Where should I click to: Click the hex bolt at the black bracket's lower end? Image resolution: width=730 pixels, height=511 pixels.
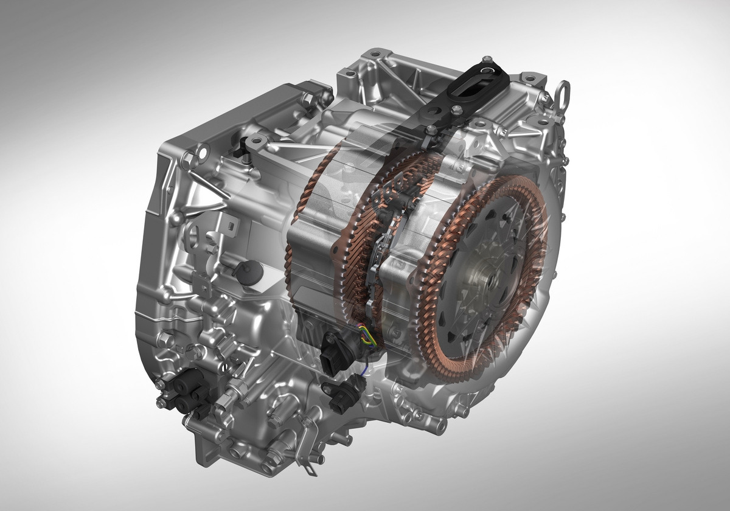click(431, 130)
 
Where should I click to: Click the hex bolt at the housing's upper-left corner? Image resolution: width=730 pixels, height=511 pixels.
click(186, 160)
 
